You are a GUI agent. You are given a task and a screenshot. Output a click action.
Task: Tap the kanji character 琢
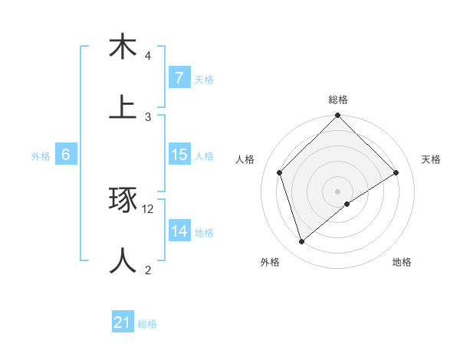pyautogui.click(x=123, y=201)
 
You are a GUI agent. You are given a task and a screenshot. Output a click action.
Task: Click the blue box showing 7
pyautogui.click(x=179, y=78)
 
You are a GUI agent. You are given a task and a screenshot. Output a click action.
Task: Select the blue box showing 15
pyautogui.click(x=179, y=155)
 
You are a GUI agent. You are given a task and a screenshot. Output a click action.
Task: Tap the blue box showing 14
pyautogui.click(x=179, y=231)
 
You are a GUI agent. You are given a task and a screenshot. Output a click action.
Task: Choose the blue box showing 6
pyautogui.click(x=66, y=155)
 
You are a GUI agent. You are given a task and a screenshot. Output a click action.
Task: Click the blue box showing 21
pyautogui.click(x=123, y=322)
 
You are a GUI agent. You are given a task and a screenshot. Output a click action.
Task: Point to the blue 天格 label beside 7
pyautogui.click(x=204, y=79)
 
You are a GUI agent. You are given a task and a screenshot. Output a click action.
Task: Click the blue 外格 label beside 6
pyautogui.click(x=41, y=155)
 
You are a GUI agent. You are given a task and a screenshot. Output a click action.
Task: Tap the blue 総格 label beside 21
pyautogui.click(x=147, y=323)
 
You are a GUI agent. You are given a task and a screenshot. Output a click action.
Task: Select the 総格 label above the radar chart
pyautogui.click(x=338, y=100)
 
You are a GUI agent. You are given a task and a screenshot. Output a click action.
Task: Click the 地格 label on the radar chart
pyautogui.click(x=402, y=262)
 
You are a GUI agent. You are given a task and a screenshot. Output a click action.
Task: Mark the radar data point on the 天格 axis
pyautogui.click(x=396, y=172)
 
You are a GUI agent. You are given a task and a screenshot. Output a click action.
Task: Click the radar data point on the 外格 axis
pyautogui.click(x=302, y=241)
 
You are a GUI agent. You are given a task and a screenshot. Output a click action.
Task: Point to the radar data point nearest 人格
pyautogui.click(x=280, y=172)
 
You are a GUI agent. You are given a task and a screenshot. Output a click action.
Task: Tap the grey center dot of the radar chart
pyautogui.click(x=338, y=191)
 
